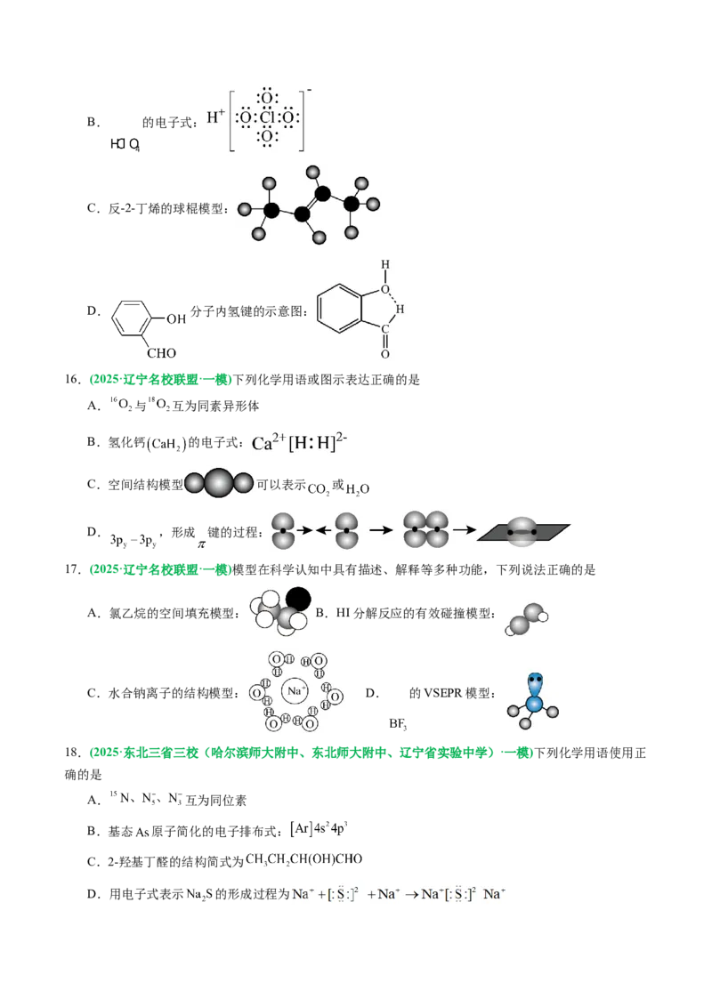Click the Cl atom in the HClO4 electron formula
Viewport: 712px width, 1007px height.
267,117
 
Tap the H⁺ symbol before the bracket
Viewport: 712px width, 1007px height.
216,117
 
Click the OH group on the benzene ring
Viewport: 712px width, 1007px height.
176,319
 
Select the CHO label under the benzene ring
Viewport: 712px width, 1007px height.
161,353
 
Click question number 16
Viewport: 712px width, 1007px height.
72,380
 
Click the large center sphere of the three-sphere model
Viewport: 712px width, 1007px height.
218,483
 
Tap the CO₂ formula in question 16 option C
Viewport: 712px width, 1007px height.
319,489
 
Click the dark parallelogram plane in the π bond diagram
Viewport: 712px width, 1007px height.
523,532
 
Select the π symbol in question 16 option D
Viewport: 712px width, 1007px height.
201,544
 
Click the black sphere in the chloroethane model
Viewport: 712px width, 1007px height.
297,600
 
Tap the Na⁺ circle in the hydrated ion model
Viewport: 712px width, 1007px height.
295,691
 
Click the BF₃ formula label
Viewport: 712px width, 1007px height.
398,724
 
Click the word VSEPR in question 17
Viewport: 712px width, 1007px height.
441,694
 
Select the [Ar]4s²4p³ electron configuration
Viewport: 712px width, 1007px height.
319,829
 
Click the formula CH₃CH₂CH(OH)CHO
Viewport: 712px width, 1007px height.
304,859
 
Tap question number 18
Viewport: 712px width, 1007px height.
72,753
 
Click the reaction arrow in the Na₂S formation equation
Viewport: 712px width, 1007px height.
411,895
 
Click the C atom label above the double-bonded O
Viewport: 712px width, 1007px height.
384,329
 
